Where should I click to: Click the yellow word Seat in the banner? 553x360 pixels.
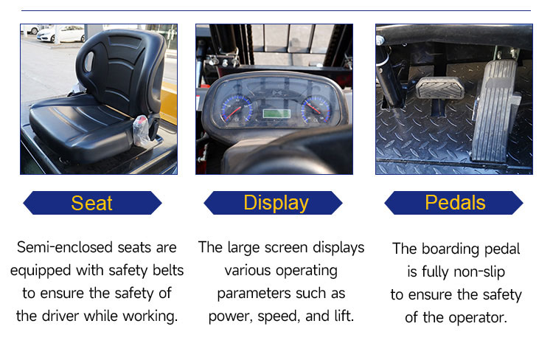tap(91, 203)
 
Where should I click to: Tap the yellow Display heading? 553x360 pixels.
tap(276, 203)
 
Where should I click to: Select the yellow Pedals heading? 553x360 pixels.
tap(455, 203)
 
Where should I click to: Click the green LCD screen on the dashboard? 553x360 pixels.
tap(276, 114)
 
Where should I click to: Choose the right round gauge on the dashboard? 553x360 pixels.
tap(316, 109)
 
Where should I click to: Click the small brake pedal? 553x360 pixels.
tap(439, 89)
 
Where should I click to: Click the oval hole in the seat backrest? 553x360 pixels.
tap(88, 63)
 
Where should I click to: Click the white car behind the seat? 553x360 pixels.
tap(60, 34)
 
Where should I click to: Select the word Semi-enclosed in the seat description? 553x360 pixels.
tap(65, 247)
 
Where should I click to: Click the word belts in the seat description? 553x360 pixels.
tap(168, 270)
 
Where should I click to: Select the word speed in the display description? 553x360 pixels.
tap(279, 316)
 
